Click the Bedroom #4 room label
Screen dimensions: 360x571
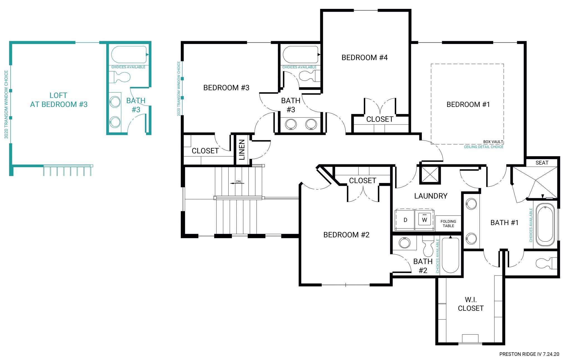[x=364, y=58]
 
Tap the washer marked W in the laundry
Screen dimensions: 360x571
[x=424, y=220]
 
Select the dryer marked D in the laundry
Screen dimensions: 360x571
[x=405, y=220]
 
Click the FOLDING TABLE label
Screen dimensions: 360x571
[x=448, y=223]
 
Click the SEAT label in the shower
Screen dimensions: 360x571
[x=542, y=163]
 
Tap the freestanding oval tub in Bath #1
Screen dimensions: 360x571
[x=545, y=225]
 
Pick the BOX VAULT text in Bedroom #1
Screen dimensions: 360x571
[x=493, y=142]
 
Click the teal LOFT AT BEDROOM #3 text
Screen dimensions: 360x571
[x=59, y=100]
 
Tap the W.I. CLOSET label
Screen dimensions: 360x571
[x=471, y=304]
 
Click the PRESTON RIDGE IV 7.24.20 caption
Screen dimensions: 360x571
[x=529, y=354]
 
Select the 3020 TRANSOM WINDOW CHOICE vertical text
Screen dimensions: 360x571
[x=6, y=104]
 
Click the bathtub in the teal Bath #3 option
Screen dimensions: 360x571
[x=129, y=55]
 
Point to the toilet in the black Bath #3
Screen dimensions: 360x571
[x=308, y=76]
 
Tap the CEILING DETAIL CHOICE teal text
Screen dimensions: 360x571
[x=483, y=147]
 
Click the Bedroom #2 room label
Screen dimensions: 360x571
[x=346, y=235]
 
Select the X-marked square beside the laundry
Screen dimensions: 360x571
[x=430, y=175]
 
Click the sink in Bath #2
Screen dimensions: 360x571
[x=404, y=243]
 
